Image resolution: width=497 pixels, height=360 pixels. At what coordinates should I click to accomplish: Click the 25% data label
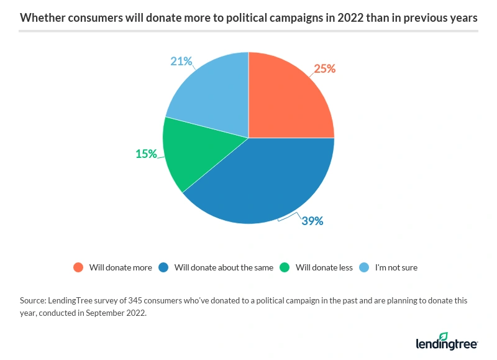tap(324, 69)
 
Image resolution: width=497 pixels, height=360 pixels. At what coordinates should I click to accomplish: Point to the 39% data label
tap(312, 220)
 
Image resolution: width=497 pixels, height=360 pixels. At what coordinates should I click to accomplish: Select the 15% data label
tap(146, 154)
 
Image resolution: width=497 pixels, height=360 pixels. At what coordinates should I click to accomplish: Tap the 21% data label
tap(181, 62)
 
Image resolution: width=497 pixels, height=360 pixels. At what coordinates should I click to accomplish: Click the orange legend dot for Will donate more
tap(78, 267)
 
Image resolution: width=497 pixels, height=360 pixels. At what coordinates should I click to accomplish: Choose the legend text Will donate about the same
tap(224, 267)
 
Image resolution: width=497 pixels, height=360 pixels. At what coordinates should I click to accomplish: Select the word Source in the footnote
tap(32, 300)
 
